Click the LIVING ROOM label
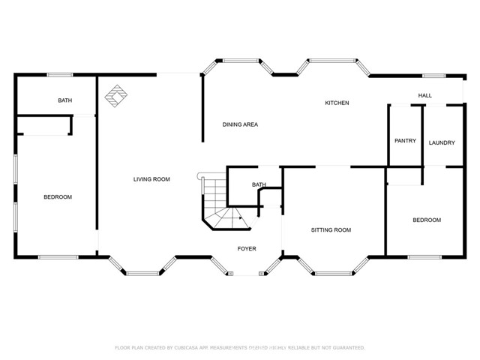[x=151, y=179]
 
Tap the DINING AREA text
[x=240, y=124]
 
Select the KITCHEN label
[x=337, y=103]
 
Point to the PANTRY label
[x=405, y=141]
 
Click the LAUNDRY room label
[x=442, y=142]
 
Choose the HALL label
[x=425, y=95]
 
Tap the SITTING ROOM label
[x=331, y=230]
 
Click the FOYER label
[x=247, y=248]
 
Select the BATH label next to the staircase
[x=259, y=184]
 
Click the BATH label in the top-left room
[x=64, y=100]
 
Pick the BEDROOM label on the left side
[x=57, y=197]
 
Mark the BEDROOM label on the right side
[x=427, y=220]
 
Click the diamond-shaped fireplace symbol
[x=116, y=95]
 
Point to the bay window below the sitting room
[x=334, y=270]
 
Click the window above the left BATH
[x=60, y=74]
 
